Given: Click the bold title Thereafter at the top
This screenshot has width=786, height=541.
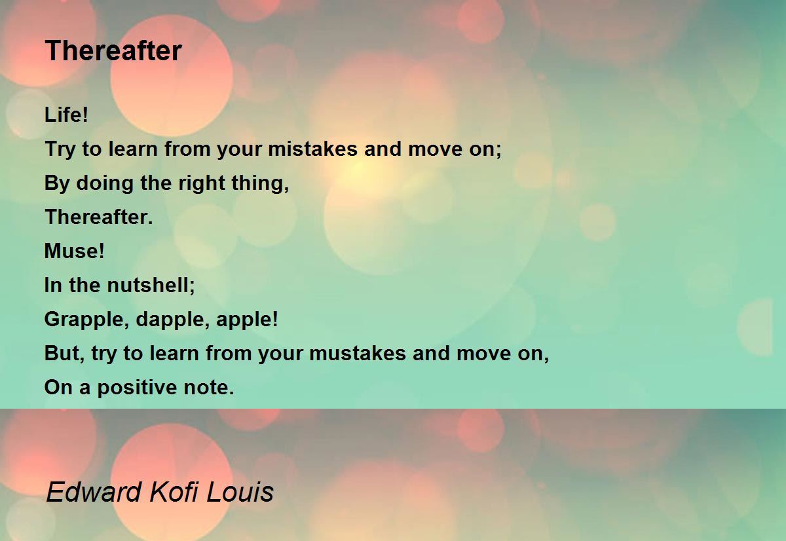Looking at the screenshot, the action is (x=113, y=51).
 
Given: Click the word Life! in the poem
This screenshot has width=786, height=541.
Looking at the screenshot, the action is (x=66, y=115).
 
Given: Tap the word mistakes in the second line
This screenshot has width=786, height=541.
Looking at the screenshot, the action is (x=312, y=149).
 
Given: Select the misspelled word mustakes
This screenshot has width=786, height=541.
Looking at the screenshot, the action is (x=358, y=353).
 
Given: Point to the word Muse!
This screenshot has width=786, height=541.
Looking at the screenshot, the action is (x=75, y=251).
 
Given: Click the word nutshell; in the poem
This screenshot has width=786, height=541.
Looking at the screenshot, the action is (x=151, y=285).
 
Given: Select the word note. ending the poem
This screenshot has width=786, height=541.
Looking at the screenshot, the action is (x=209, y=387).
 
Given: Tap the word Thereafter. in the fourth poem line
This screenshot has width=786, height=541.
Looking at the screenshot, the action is (x=99, y=217).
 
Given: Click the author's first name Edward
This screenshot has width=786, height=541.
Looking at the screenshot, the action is (x=94, y=491).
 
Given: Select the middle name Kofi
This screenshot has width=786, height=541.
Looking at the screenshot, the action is (x=174, y=491).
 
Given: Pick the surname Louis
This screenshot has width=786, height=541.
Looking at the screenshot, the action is (x=240, y=491).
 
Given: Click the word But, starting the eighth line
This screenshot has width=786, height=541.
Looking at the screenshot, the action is (x=65, y=353).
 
